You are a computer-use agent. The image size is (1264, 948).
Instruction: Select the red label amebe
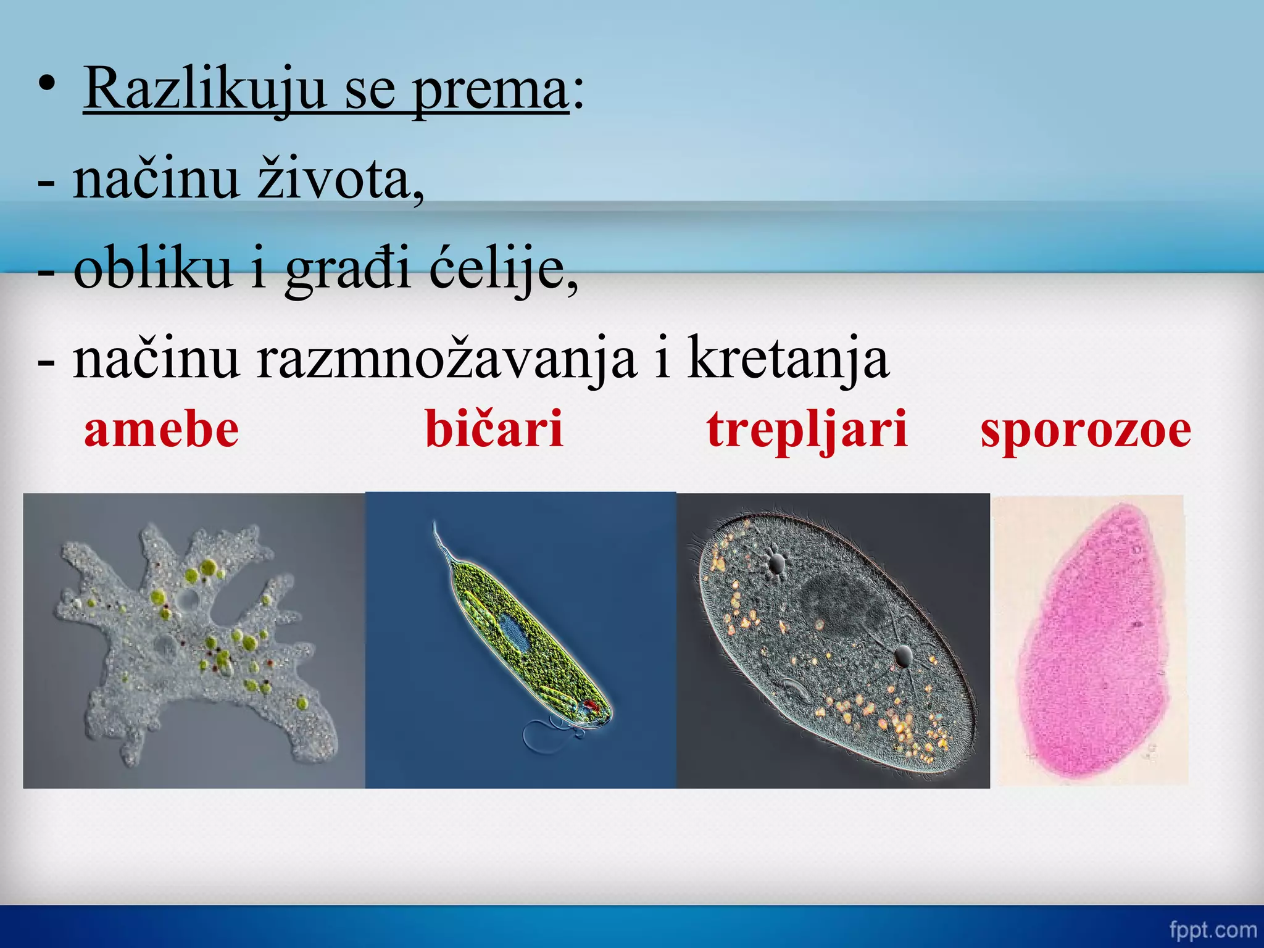[162, 430]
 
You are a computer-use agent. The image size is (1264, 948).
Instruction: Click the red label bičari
[494, 430]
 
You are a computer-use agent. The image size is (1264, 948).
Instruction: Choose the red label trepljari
[807, 430]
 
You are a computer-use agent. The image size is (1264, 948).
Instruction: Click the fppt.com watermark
[1213, 929]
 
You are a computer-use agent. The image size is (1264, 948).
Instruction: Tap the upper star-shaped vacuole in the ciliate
[776, 562]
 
